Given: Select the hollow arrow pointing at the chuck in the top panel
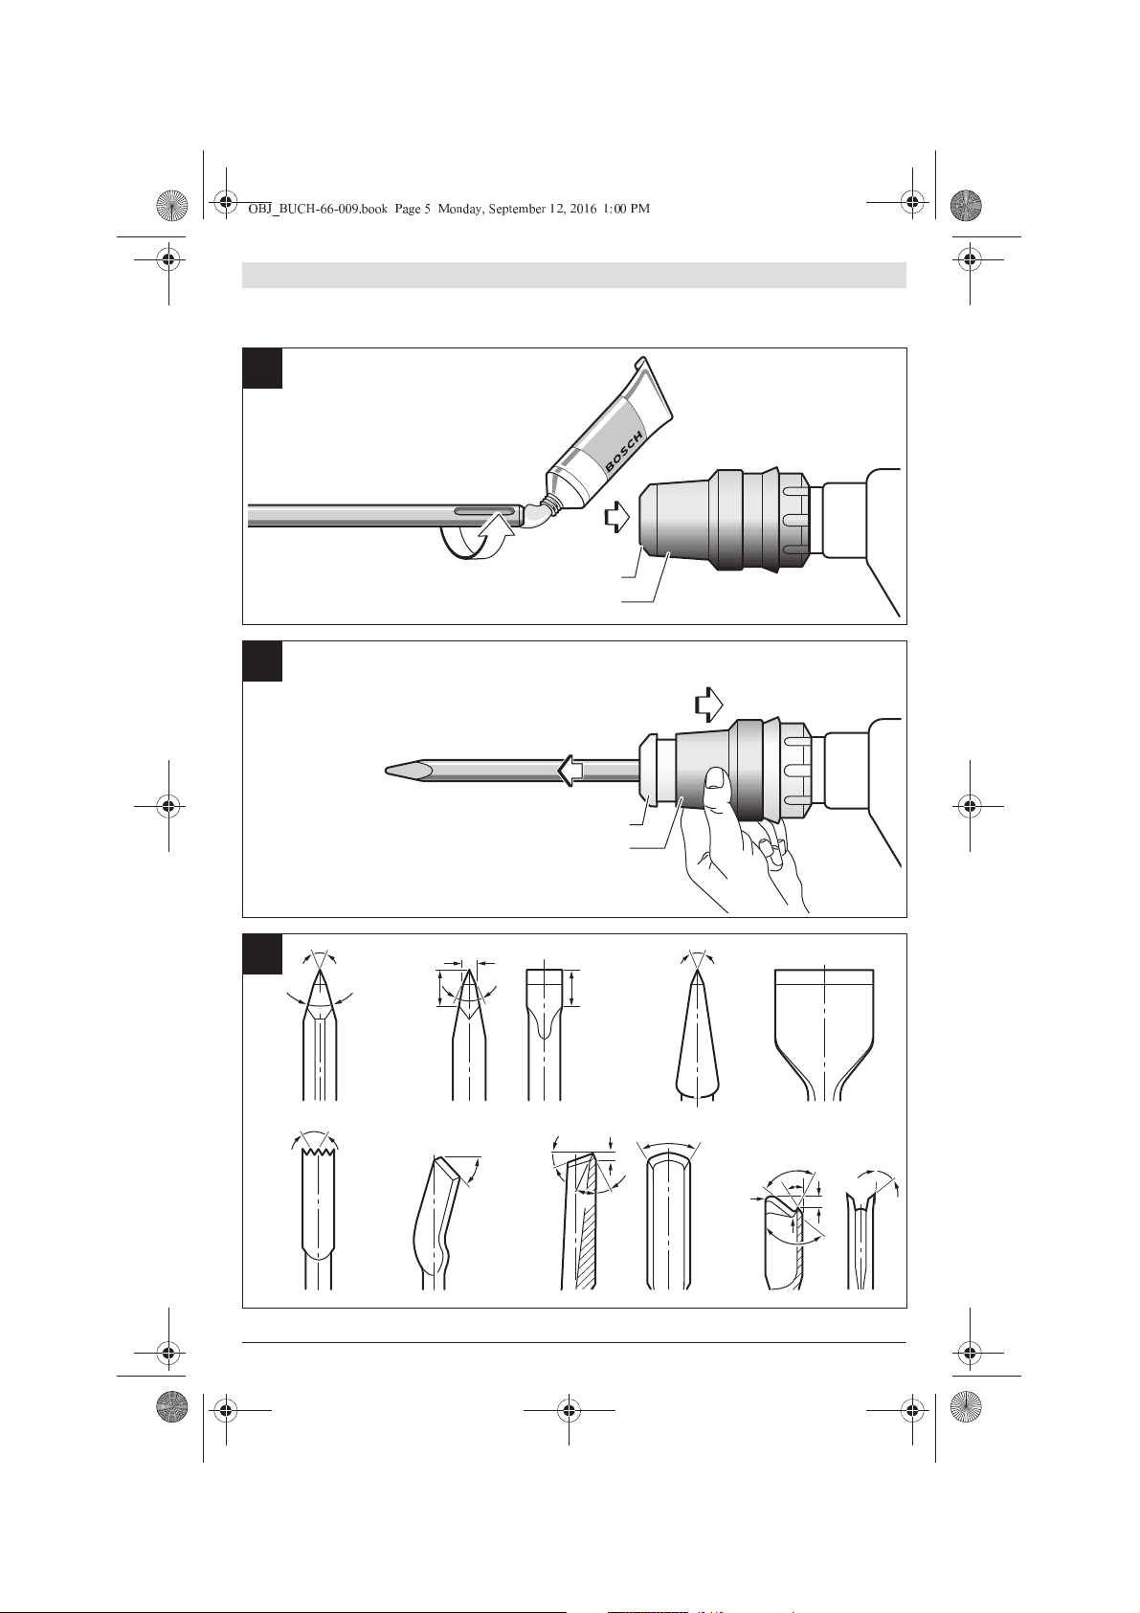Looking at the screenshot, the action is pyautogui.click(x=616, y=516).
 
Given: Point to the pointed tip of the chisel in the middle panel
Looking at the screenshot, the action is pyautogui.click(x=386, y=772).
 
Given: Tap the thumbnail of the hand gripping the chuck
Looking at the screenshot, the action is pyautogui.click(x=714, y=778).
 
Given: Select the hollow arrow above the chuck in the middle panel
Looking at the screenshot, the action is pyautogui.click(x=709, y=704).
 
